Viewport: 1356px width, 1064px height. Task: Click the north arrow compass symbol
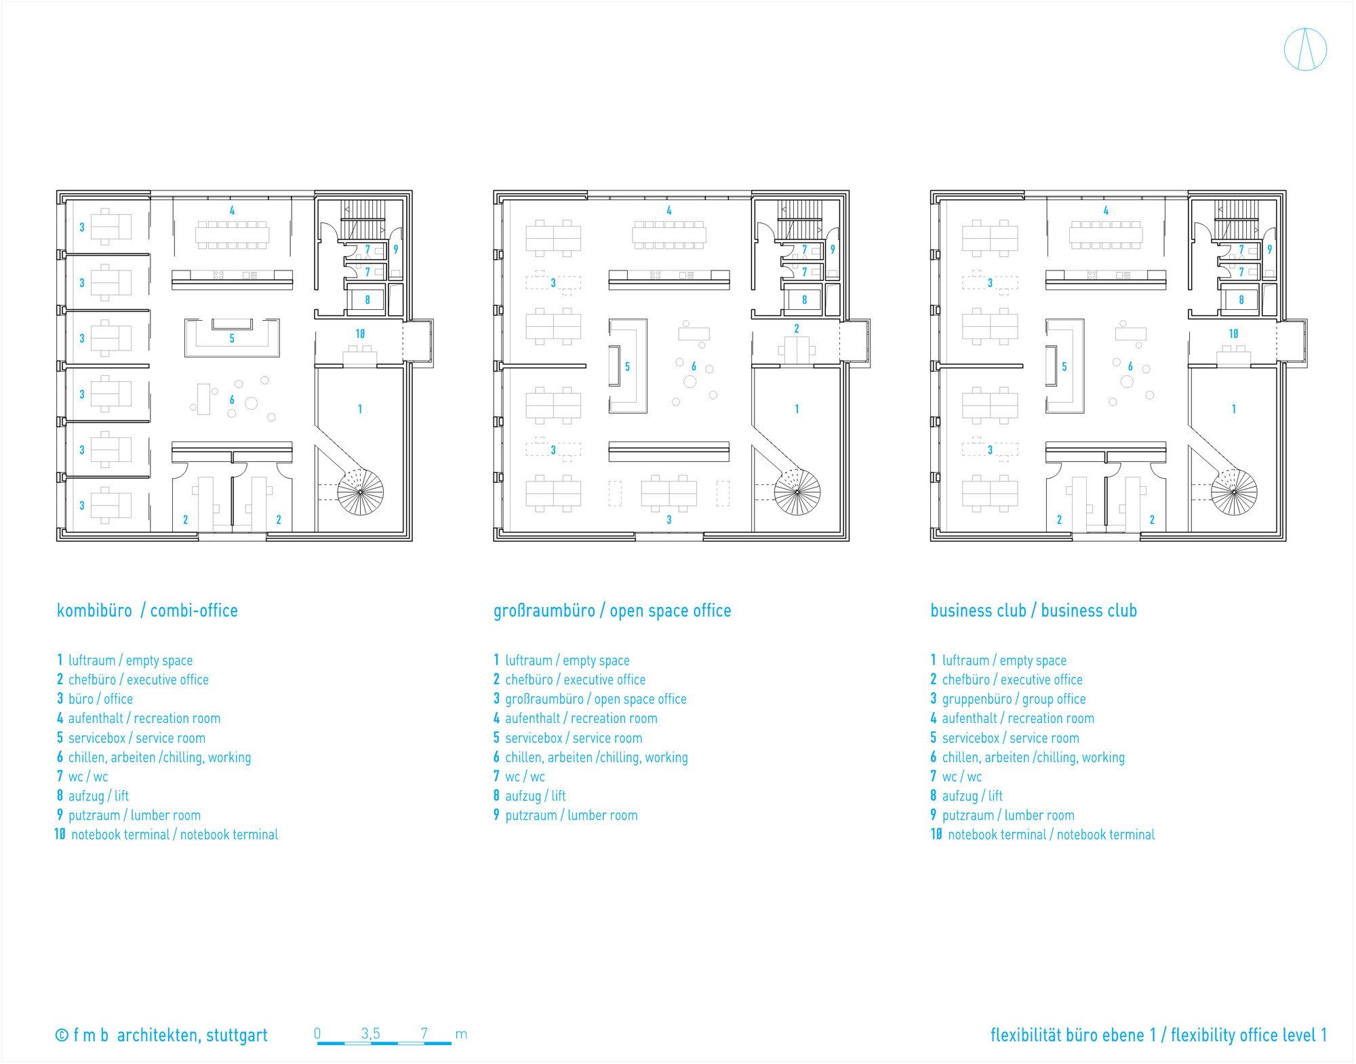point(1304,50)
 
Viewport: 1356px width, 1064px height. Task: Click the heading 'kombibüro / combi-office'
point(147,610)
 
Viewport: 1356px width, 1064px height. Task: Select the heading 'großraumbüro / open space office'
point(612,610)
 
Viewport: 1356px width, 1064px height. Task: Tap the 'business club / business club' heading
point(1033,610)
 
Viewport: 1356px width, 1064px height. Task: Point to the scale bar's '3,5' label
point(370,1033)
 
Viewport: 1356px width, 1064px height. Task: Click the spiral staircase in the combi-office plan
point(360,491)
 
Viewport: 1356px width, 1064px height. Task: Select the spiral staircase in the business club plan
point(1234,491)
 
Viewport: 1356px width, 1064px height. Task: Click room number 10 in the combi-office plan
point(360,334)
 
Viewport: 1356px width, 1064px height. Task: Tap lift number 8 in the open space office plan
point(804,300)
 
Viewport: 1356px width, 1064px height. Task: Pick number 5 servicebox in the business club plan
point(1064,367)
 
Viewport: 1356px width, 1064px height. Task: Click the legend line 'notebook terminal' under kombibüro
point(167,835)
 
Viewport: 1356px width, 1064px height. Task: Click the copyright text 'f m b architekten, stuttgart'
point(161,1036)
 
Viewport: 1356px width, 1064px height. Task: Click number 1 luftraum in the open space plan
point(797,409)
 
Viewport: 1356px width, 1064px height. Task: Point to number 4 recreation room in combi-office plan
point(232,211)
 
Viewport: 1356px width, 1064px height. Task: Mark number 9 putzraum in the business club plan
point(1269,250)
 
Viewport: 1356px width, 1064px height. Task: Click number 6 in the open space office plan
point(694,366)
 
